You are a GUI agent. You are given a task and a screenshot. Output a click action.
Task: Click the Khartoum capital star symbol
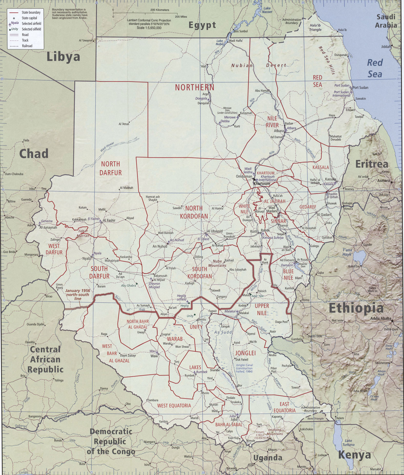click(x=254, y=180)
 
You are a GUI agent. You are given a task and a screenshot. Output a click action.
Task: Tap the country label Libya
click(x=63, y=57)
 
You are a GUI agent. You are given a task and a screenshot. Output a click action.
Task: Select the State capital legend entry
click(x=29, y=18)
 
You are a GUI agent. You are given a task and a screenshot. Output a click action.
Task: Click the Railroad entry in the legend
click(x=27, y=46)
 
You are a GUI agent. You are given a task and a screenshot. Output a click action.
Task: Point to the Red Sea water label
click(x=375, y=68)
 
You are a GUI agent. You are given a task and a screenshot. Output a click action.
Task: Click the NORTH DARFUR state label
click(x=110, y=168)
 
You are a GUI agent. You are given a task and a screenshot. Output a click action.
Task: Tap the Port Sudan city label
click(x=360, y=88)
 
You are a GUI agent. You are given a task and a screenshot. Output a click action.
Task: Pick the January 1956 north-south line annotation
click(x=77, y=294)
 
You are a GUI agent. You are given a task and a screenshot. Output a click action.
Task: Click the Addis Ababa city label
click(x=381, y=318)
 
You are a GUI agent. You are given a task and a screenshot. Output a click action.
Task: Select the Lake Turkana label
click(x=348, y=443)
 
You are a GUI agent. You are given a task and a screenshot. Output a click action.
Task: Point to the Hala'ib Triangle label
click(x=315, y=27)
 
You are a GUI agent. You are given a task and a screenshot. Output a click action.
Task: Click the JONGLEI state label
click(x=245, y=353)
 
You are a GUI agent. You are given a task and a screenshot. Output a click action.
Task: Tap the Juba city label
click(x=234, y=419)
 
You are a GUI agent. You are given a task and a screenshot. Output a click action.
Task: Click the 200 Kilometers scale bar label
click(x=160, y=10)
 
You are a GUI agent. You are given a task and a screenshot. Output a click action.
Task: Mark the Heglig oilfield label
click(x=181, y=297)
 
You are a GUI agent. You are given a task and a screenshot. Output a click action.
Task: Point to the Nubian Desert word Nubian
click(x=242, y=65)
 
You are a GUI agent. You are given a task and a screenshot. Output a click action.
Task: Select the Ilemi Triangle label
click(x=315, y=419)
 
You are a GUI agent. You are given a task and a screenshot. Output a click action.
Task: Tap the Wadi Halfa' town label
click(x=236, y=41)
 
